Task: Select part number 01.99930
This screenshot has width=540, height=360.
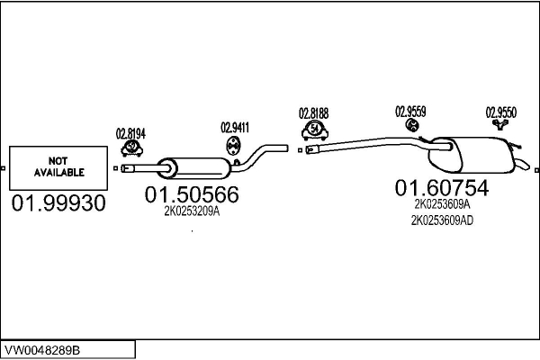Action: (x=58, y=204)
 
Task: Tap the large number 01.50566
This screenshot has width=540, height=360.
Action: (x=192, y=194)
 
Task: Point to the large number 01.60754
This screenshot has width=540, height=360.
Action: (x=441, y=188)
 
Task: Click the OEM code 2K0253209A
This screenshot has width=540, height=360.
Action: (x=192, y=212)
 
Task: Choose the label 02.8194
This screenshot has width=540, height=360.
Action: (x=130, y=134)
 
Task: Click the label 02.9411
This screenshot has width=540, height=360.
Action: (x=235, y=127)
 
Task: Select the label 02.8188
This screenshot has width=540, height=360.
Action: (x=314, y=114)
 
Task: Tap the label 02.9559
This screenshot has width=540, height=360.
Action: (x=410, y=112)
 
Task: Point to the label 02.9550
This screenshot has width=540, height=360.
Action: (x=501, y=112)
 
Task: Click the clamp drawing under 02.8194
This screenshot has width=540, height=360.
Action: (x=132, y=148)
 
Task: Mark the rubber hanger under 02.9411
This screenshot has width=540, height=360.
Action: (x=233, y=145)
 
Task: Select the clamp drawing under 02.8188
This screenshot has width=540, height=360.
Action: (x=314, y=130)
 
